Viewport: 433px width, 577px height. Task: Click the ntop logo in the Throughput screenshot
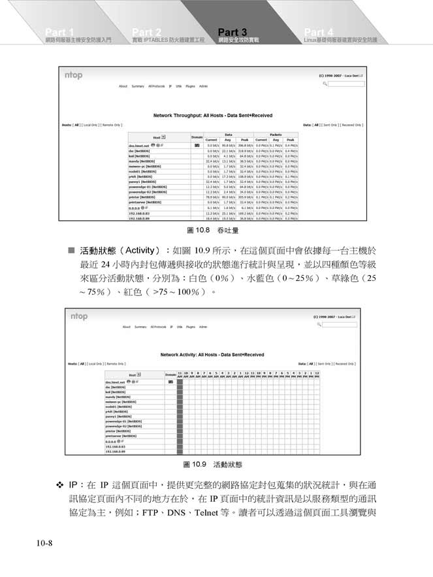73,75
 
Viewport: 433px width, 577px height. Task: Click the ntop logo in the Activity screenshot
78,316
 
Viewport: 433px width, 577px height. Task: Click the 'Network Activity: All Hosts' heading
212,355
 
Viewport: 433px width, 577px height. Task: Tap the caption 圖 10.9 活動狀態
212,465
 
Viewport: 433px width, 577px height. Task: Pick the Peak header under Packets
290,139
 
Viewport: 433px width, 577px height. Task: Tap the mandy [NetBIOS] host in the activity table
118,397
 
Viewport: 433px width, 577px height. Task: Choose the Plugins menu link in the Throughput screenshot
191,86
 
